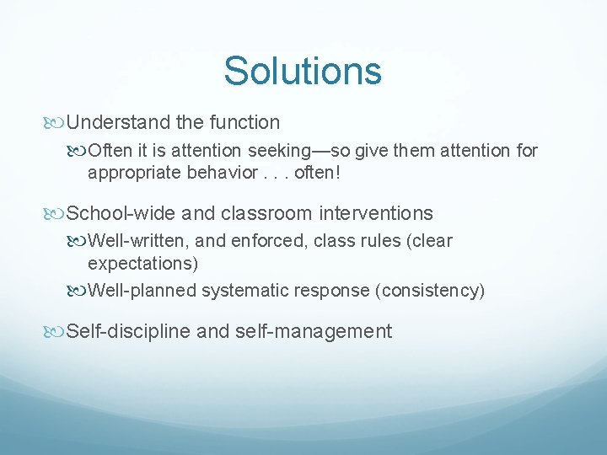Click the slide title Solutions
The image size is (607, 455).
pyautogui.click(x=303, y=71)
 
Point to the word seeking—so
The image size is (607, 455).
pyautogui.click(x=285, y=151)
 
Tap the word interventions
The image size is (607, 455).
pyautogui.click(x=369, y=213)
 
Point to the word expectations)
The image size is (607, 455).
pyautogui.click(x=143, y=263)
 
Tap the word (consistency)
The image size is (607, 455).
pyautogui.click(x=432, y=291)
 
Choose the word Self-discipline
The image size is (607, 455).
pyautogui.click(x=128, y=331)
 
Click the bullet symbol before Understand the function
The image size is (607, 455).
pyautogui.click(x=57, y=123)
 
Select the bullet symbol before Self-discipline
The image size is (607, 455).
pyautogui.click(x=57, y=332)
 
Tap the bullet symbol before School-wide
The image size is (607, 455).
pyautogui.click(x=57, y=214)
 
